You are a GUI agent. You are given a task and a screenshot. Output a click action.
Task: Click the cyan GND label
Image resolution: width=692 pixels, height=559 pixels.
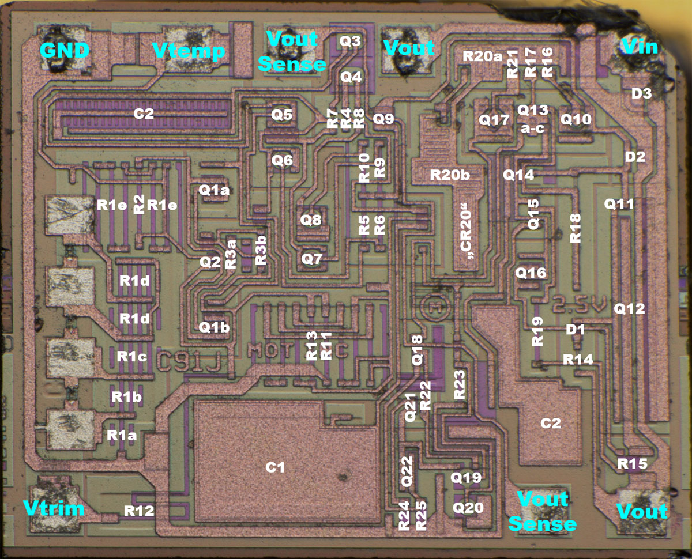point(65,51)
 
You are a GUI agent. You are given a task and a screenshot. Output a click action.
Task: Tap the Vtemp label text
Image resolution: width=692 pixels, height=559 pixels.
point(189,51)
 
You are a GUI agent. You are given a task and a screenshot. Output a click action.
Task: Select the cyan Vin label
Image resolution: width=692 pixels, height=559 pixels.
point(638,46)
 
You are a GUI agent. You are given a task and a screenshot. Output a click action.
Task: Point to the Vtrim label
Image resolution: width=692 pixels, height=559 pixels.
point(54,508)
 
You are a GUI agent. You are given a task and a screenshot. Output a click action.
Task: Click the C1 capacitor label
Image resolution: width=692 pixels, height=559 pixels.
point(276,467)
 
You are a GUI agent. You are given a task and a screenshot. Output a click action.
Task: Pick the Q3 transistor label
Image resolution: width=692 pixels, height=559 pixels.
point(350,41)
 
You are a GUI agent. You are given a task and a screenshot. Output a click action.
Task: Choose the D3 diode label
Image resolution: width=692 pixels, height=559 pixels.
point(641,93)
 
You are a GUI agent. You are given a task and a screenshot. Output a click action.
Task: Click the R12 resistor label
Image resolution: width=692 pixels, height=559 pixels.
point(138,510)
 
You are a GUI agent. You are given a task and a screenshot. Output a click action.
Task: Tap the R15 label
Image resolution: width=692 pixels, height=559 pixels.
point(632,463)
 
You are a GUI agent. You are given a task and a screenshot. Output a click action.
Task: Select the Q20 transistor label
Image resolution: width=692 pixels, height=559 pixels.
point(468,507)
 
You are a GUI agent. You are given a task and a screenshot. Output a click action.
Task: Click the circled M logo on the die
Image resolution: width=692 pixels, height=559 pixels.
point(434,304)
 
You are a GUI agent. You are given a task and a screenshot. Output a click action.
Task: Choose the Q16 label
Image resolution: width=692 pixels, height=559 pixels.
point(531,273)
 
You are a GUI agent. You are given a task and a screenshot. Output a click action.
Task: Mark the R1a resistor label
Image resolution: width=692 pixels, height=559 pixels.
point(122,436)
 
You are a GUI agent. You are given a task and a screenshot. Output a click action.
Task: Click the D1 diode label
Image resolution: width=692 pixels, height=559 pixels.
point(575,330)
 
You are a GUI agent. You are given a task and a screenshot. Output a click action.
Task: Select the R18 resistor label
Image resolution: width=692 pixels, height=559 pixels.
point(576,228)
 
